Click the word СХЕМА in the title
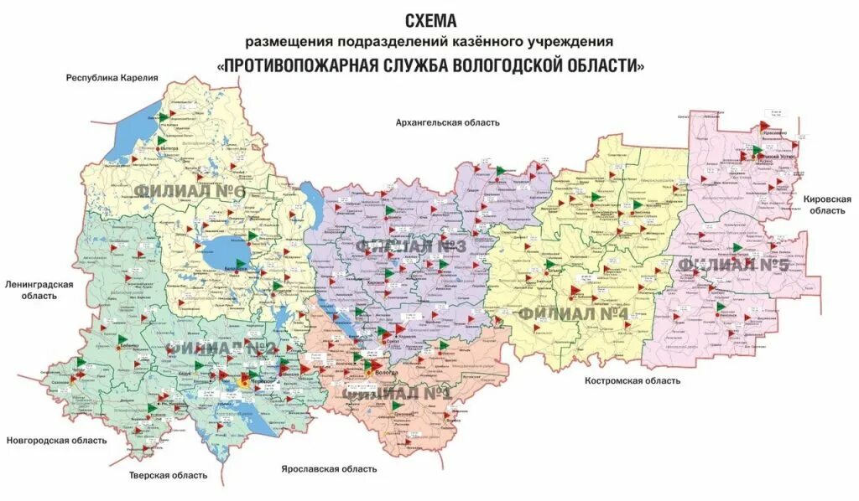coord(430,19)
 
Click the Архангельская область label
coord(447,122)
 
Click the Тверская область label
coord(168,475)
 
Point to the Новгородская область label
coord(56,440)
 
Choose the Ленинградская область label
coord(39,290)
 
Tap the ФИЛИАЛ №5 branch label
coord(734,265)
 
